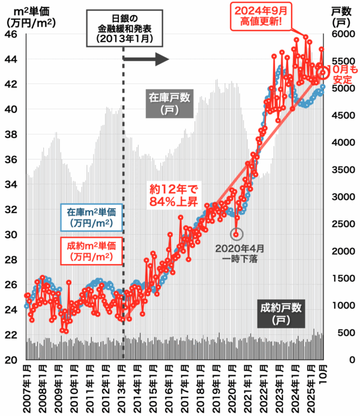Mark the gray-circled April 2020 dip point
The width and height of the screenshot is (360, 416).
coord(236,234)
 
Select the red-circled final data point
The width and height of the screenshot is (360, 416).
coord(323,73)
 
